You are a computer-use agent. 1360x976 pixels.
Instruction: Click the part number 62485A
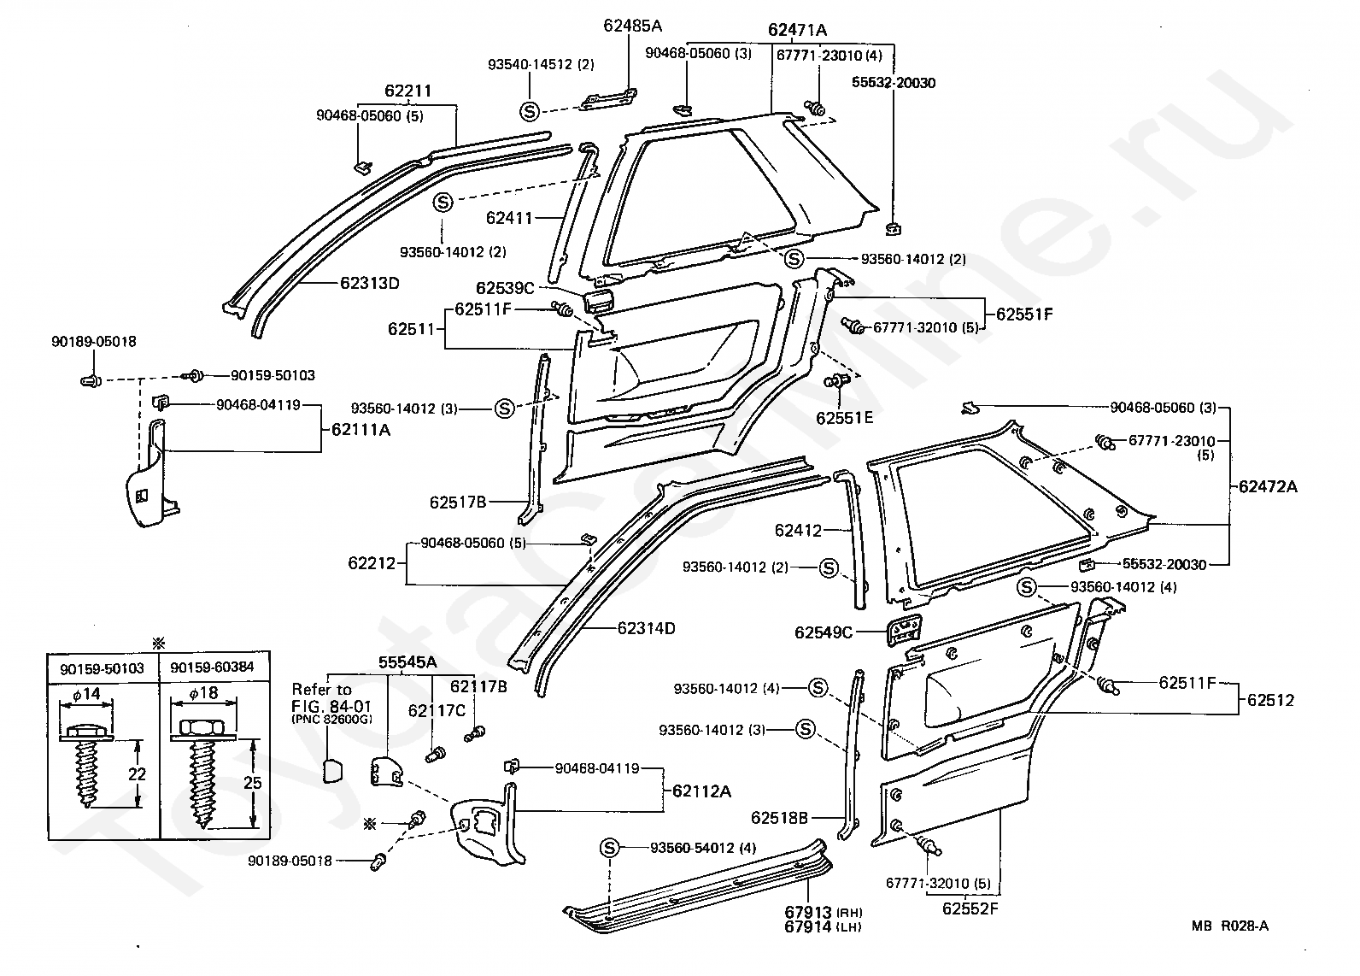632,26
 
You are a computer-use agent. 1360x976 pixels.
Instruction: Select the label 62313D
369,283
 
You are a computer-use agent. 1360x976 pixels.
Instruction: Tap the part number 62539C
505,288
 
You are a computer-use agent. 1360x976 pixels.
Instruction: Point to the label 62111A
361,430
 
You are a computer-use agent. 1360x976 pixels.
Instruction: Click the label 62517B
458,503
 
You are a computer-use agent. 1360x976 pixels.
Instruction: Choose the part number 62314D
646,628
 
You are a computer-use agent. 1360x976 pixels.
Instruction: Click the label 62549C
824,632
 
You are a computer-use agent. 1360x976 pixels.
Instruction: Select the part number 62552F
970,908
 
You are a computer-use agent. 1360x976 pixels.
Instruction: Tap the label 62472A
1268,486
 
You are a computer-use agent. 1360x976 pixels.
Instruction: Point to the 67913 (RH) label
823,912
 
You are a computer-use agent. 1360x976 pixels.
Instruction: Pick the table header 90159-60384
212,667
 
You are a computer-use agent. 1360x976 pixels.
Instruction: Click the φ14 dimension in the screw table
86,694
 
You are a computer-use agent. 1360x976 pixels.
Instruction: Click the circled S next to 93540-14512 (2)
530,111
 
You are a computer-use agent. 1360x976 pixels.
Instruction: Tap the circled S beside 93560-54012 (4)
610,848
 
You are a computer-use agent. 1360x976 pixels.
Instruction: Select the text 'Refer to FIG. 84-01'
331,698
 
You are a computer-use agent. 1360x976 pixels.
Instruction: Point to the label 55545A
407,662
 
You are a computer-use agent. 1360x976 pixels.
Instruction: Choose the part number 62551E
845,418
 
